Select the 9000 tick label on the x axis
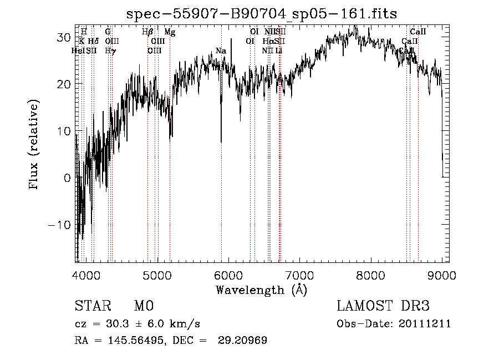442,276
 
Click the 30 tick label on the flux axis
64,37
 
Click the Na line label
221,51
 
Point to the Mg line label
170,33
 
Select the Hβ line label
147,33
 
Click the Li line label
279,51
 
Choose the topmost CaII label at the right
417,33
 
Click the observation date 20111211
427,324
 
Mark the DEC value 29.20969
247,341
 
